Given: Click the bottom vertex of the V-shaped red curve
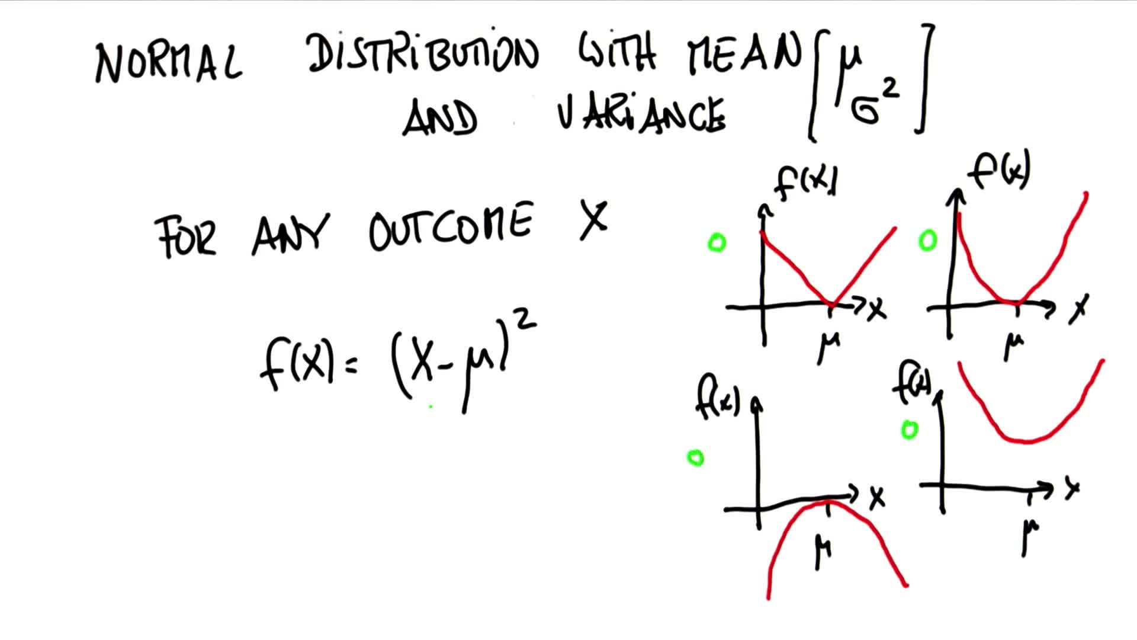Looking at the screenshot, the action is point(832,305).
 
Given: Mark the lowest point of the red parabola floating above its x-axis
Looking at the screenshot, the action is point(1027,441).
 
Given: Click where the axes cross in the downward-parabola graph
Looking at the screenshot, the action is point(758,508).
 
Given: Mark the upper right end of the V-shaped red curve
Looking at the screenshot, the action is point(895,228).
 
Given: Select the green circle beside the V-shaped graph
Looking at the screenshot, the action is point(717,243).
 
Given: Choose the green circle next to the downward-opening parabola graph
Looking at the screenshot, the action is point(695,457).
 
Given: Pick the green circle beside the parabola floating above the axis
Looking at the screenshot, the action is point(909,430).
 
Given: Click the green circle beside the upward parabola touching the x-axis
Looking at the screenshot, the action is point(927,241).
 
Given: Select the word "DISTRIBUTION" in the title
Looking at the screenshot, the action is point(423,53).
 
